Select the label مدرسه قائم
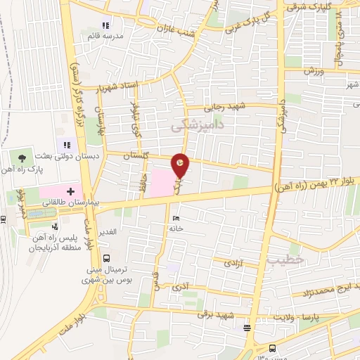click(x=106, y=35)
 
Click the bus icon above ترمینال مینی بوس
click(x=105, y=257)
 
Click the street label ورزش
click(x=312, y=71)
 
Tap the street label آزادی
click(x=232, y=263)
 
